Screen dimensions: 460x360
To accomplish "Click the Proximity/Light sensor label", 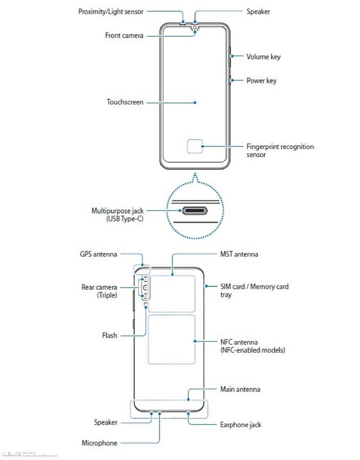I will [111, 11].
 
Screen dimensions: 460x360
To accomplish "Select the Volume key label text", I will [263, 57].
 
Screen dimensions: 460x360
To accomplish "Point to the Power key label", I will [261, 81].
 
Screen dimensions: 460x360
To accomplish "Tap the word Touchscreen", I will [125, 102].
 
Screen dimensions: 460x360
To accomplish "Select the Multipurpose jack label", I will [117, 214].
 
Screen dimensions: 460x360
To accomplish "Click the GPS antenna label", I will [99, 254].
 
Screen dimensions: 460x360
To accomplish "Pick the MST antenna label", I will [239, 254].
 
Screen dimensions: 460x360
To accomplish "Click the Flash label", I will [110, 336].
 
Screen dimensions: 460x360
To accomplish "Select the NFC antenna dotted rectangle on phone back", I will [172, 339].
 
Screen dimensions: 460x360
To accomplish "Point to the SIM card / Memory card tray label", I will [254, 291].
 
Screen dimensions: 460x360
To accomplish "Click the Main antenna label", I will [240, 389].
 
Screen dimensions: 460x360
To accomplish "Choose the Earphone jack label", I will [240, 424].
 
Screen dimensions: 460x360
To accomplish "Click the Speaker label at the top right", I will [258, 11].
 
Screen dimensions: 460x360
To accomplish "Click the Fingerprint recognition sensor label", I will [280, 151].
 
